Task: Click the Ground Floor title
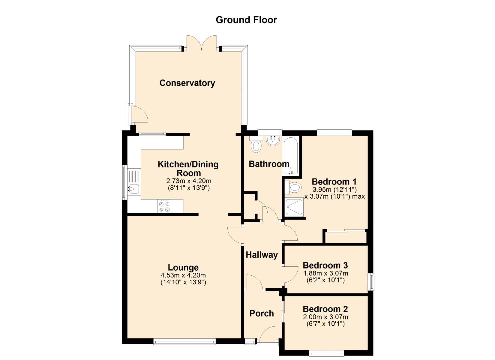coord(246,20)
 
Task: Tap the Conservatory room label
coord(187,83)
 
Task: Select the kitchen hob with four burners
coord(164,206)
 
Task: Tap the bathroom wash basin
coord(273,141)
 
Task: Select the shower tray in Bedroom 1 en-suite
coord(294,207)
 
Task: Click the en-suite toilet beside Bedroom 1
coord(293,188)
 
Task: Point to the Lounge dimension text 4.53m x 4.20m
coord(183,275)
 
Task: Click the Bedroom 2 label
coord(325,309)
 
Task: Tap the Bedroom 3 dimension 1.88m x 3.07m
coord(326,273)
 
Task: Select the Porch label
coord(262,313)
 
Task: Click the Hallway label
coord(262,255)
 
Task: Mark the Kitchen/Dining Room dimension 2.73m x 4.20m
coord(189,181)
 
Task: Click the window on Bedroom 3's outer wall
coord(372,282)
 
